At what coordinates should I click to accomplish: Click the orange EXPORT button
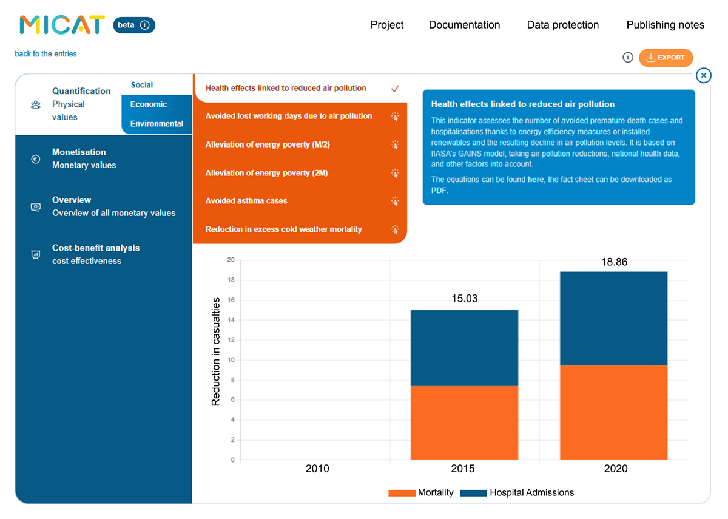click(x=666, y=58)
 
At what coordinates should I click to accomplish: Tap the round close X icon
click(x=703, y=75)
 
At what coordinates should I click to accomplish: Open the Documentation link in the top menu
click(x=464, y=25)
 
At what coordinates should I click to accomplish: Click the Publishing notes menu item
click(x=666, y=25)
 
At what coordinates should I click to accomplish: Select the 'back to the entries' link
click(x=46, y=53)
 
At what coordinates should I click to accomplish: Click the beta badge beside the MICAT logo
click(x=134, y=25)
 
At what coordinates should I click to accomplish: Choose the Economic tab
click(x=149, y=104)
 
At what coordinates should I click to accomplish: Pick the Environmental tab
click(x=157, y=124)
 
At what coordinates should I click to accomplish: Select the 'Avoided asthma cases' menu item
click(x=246, y=201)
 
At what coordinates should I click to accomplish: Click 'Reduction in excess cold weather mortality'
click(x=283, y=229)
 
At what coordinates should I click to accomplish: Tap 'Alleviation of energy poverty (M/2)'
click(x=268, y=144)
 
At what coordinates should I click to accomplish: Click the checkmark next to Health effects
click(x=395, y=89)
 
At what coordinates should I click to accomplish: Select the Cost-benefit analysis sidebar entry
click(x=96, y=254)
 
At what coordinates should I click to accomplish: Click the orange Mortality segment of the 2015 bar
click(x=464, y=422)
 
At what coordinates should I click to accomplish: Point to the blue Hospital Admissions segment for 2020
click(x=613, y=318)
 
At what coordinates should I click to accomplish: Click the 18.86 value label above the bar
click(x=614, y=262)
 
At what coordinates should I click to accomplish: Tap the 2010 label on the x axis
click(x=317, y=469)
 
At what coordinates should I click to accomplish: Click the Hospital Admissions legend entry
click(x=517, y=493)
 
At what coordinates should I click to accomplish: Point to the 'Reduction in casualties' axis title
click(x=215, y=352)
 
